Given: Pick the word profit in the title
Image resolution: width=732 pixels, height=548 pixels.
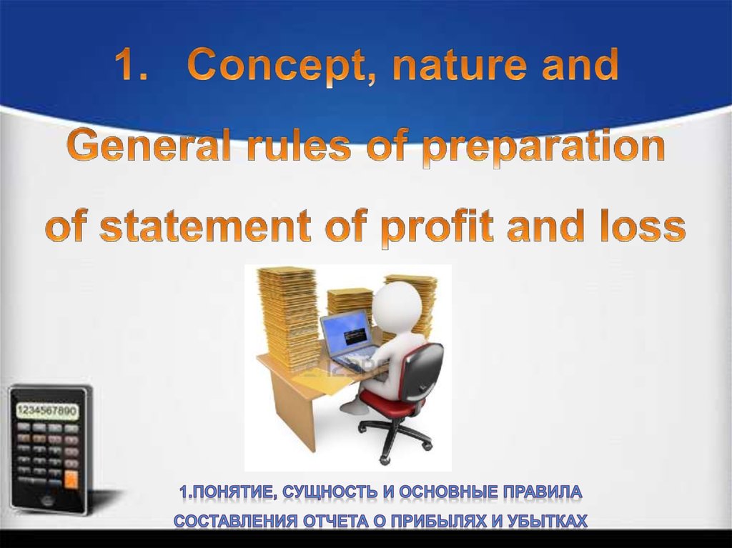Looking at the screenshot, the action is click(437, 228).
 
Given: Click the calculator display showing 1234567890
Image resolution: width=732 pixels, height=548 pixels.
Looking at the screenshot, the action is click(47, 412).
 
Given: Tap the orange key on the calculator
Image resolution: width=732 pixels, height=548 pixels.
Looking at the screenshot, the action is click(71, 479).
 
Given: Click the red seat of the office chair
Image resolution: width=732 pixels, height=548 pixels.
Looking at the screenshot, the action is click(388, 402).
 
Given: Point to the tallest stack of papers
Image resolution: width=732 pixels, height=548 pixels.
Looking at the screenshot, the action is click(287, 317).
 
